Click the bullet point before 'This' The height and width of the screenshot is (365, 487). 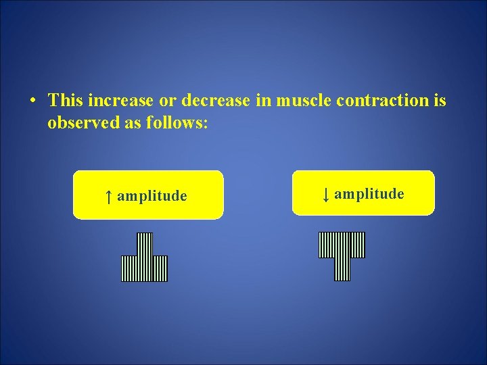pyautogui.click(x=32, y=101)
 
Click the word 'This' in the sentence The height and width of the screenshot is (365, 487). pyautogui.click(x=65, y=101)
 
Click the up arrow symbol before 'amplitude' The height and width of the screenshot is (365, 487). pyautogui.click(x=108, y=196)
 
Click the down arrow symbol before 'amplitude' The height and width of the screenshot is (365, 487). pyautogui.click(x=325, y=195)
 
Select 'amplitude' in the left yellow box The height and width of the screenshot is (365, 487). pyautogui.click(x=152, y=196)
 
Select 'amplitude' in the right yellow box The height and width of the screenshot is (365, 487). pyautogui.click(x=369, y=195)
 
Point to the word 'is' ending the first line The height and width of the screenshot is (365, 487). pyautogui.click(x=440, y=101)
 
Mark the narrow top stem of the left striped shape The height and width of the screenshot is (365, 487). pyautogui.click(x=145, y=244)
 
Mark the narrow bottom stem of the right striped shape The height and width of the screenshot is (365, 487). pyautogui.click(x=342, y=269)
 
